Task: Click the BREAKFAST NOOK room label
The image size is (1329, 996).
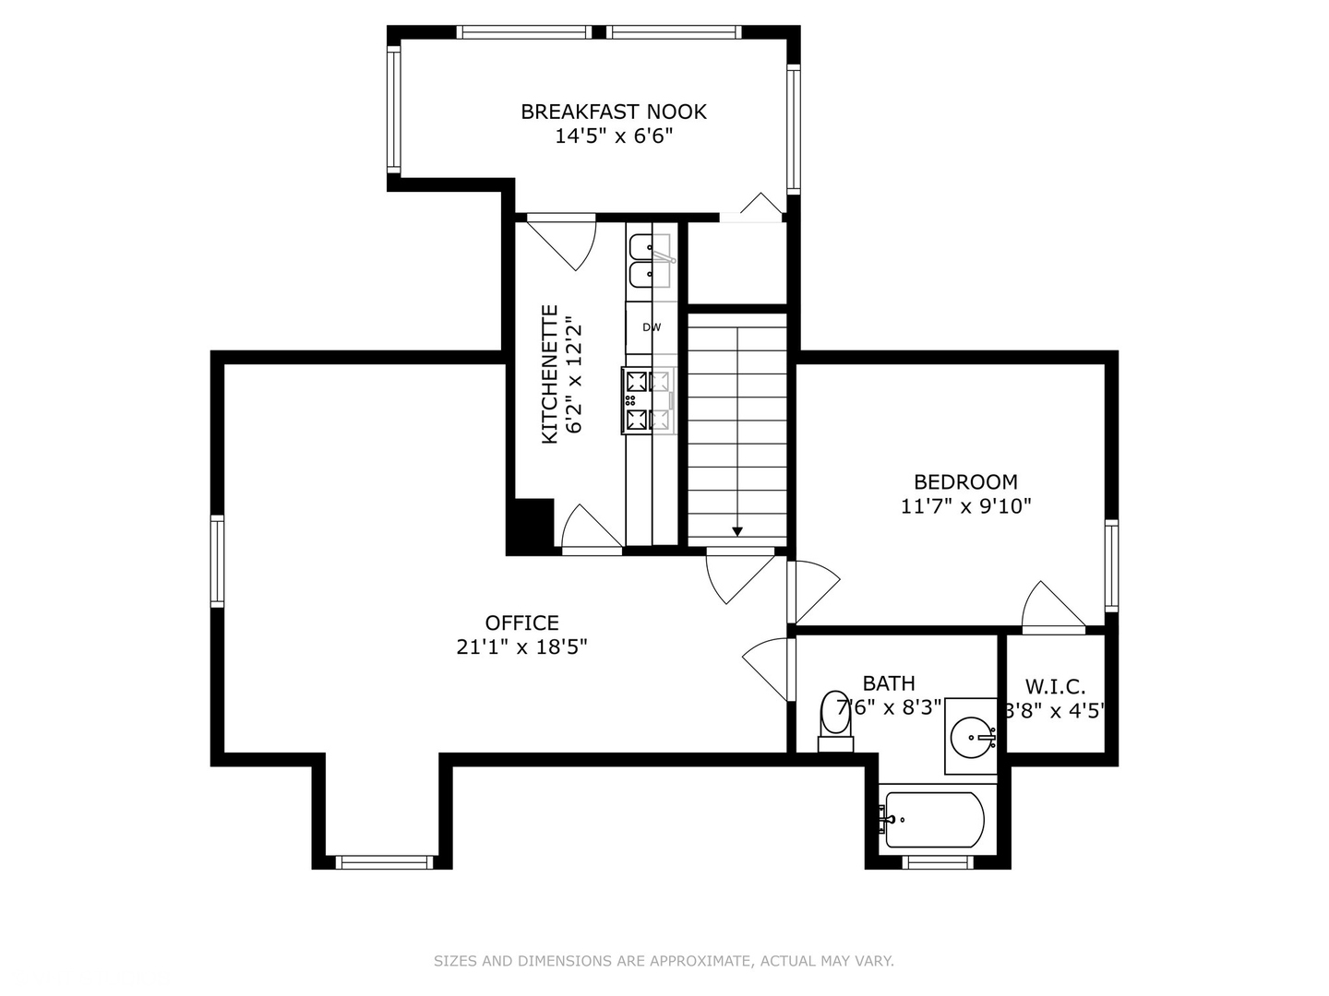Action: click(x=614, y=112)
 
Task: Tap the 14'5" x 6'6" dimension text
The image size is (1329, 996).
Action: click(x=614, y=136)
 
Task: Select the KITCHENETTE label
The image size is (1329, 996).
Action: click(x=550, y=374)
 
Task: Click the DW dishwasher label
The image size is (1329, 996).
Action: click(x=652, y=327)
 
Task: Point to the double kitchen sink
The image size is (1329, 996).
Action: click(x=651, y=261)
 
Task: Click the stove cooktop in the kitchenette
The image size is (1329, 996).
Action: click(x=648, y=400)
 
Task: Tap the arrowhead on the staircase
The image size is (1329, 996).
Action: click(x=736, y=531)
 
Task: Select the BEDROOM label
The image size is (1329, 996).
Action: click(x=965, y=482)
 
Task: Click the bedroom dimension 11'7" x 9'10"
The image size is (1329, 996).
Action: click(x=965, y=506)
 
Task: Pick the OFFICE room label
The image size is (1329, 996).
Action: click(x=522, y=622)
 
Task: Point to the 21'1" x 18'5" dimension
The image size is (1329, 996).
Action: click(x=522, y=647)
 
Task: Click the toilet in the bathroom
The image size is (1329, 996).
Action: click(x=835, y=721)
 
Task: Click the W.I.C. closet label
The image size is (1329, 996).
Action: click(x=1055, y=686)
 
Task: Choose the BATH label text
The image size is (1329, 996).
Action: click(x=889, y=683)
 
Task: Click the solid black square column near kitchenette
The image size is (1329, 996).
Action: click(x=531, y=526)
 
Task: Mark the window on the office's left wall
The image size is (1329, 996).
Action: click(x=218, y=561)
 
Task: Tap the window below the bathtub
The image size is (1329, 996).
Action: click(x=938, y=862)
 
